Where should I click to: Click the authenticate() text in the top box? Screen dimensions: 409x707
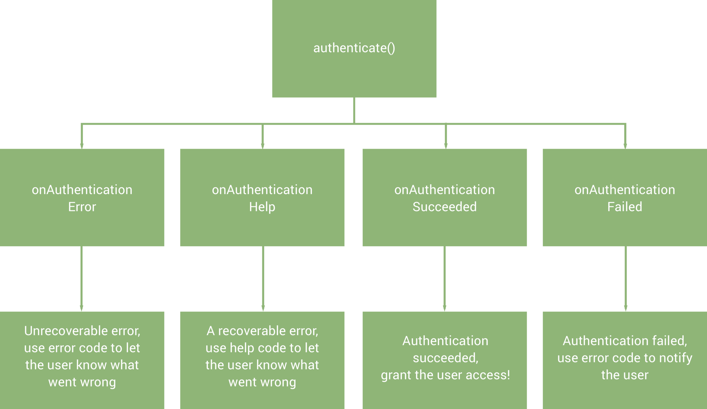coord(354,48)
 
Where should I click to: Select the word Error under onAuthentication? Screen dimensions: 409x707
coord(82,207)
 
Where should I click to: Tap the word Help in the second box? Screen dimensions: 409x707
coord(262,207)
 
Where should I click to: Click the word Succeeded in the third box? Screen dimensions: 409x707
coord(445,207)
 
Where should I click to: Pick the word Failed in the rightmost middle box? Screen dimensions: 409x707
coord(625,207)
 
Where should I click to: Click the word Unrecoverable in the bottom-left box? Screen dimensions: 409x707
coord(60,331)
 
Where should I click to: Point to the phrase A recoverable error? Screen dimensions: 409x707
coord(262,331)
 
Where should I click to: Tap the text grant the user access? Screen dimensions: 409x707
coord(445,375)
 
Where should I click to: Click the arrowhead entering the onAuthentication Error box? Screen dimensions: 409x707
coord(82,145)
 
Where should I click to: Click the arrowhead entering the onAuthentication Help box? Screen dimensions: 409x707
coord(262,145)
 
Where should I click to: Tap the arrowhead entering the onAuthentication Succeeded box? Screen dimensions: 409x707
coord(446,145)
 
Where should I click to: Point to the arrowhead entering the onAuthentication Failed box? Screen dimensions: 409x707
coord(625,145)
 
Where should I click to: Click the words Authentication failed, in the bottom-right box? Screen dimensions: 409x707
coord(625,341)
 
